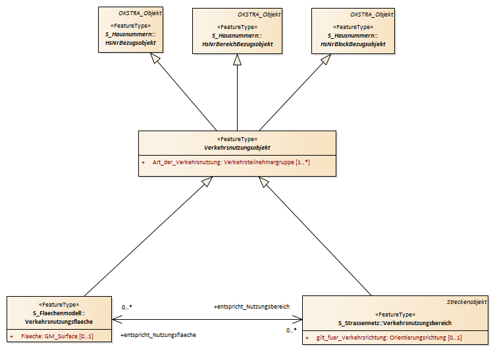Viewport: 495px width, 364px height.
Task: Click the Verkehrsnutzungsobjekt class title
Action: (x=237, y=148)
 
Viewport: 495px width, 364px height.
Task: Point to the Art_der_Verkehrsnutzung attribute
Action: (x=231, y=162)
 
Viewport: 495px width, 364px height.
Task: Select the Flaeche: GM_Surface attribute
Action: (x=57, y=336)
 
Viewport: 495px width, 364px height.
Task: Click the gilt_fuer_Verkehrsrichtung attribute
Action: (x=389, y=338)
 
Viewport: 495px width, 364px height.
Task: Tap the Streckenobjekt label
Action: (x=467, y=302)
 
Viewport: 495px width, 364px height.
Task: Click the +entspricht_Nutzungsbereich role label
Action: (x=251, y=307)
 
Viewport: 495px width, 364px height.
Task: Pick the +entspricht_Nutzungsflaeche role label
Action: (x=158, y=334)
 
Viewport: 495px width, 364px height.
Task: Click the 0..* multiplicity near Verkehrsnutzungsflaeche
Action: (x=127, y=307)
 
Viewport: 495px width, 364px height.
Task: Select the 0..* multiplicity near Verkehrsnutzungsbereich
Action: (x=292, y=330)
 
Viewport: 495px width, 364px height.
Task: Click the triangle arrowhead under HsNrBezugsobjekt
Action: (x=155, y=58)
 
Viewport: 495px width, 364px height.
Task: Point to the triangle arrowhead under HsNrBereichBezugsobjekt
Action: (x=238, y=60)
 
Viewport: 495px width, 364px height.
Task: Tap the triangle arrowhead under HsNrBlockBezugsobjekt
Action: (x=326, y=59)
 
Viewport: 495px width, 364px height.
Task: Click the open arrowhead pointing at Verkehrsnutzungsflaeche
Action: (x=117, y=319)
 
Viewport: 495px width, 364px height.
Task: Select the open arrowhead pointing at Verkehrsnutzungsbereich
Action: (x=298, y=319)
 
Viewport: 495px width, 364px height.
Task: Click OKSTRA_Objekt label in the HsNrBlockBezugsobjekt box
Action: (x=371, y=15)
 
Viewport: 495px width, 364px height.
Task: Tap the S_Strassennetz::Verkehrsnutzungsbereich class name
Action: (x=395, y=323)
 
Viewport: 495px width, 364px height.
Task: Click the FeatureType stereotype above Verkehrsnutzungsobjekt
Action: (x=237, y=139)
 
